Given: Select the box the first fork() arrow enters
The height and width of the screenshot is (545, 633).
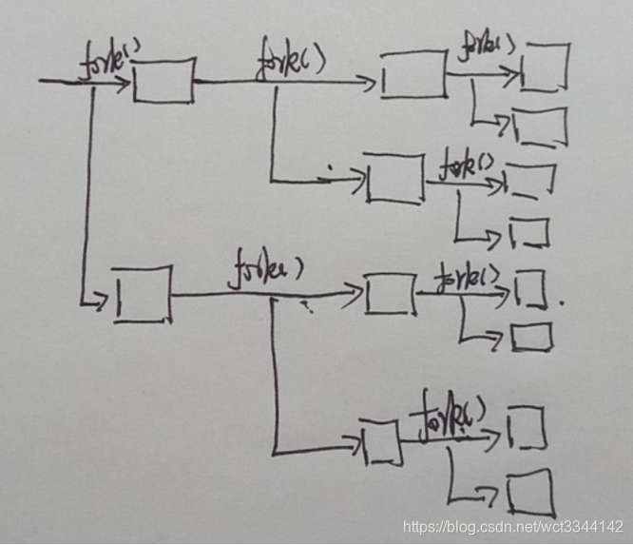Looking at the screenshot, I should (x=163, y=81).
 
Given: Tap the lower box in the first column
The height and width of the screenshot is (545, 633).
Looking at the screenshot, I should (x=143, y=296).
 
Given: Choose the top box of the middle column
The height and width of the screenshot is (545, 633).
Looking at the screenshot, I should (x=413, y=75).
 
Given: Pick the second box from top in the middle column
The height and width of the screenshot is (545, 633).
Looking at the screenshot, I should (x=394, y=177).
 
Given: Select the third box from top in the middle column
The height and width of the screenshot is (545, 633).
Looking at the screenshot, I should (x=390, y=293).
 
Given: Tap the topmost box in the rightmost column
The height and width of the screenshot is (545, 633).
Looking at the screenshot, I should (x=545, y=67).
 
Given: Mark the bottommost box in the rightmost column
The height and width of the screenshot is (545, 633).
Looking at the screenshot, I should (x=529, y=495).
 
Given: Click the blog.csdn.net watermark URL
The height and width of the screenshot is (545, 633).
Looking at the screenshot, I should (x=513, y=526).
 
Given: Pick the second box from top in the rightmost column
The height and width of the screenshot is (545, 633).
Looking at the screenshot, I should (x=539, y=127).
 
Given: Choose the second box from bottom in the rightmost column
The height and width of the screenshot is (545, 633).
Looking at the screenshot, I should (x=527, y=428).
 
